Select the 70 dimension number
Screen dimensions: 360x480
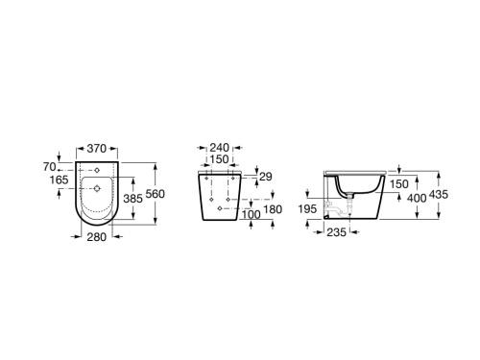[63, 165]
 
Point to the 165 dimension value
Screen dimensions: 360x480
[60, 180]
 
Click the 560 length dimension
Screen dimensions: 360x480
[156, 195]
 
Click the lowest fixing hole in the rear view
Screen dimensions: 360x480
[222, 208]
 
